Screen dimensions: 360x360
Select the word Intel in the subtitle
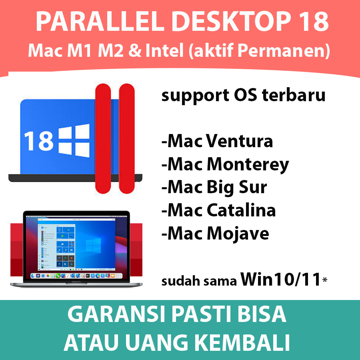tap(164, 50)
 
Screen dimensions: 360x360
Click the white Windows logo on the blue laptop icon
tap(74, 140)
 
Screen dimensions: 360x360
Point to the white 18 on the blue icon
tap(39, 141)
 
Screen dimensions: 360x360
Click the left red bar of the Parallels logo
tap(103, 139)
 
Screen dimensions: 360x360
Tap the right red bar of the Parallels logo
tap(127, 139)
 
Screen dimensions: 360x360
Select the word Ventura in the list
tap(239, 141)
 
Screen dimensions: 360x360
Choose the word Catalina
tap(241, 210)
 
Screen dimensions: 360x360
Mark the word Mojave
tap(238, 234)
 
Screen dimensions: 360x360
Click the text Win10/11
tap(280, 279)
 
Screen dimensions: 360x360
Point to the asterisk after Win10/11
tap(325, 280)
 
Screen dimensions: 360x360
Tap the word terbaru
tap(294, 95)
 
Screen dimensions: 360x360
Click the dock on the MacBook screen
tap(76, 276)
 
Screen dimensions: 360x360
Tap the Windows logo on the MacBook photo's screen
tap(93, 245)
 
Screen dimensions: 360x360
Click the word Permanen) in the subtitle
tap(284, 50)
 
